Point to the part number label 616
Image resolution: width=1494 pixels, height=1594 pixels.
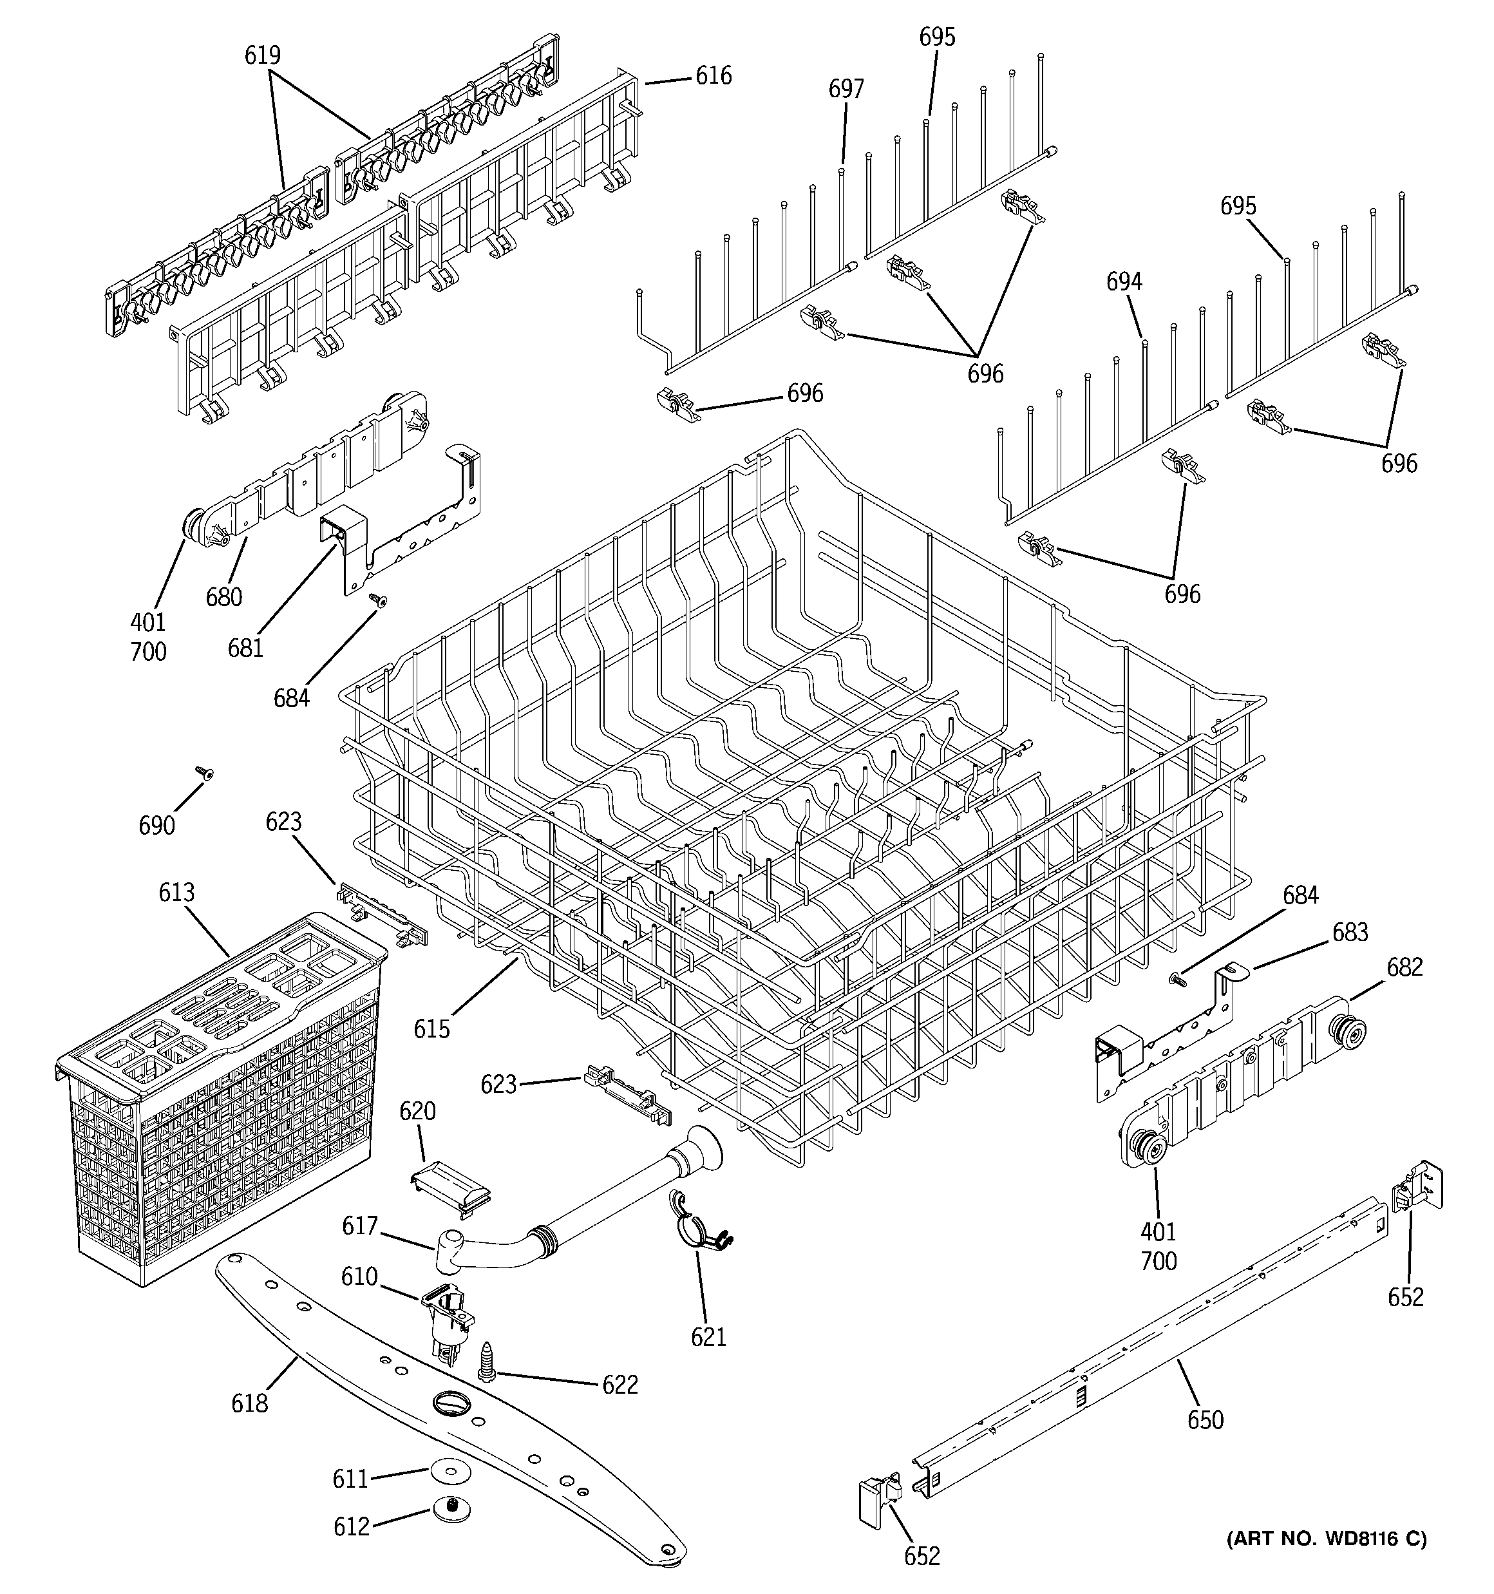713,75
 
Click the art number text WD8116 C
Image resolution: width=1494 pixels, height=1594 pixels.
1327,1539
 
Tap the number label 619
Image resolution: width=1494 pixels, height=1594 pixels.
262,55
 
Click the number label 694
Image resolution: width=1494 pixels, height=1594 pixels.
1124,281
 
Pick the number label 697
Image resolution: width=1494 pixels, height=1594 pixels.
846,89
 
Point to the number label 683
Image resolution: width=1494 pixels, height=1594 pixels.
1350,932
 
